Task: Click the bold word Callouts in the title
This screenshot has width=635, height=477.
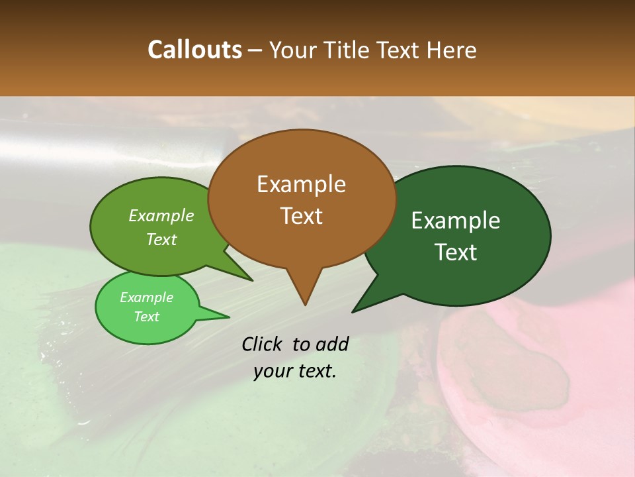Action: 194,50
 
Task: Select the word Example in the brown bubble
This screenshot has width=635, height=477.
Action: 301,184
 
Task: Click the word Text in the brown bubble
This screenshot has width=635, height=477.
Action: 301,216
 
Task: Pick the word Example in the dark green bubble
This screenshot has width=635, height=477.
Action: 456,221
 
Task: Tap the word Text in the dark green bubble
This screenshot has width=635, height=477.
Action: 456,252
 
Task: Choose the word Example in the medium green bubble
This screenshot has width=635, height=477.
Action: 161,215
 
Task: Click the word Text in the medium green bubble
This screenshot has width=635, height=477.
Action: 161,239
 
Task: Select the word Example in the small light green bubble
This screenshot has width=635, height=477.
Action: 146,297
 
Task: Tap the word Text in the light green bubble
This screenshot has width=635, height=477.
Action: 146,317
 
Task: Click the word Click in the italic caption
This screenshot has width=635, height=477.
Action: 263,344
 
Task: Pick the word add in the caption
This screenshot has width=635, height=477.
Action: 331,344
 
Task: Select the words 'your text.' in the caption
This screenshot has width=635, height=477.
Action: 295,371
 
